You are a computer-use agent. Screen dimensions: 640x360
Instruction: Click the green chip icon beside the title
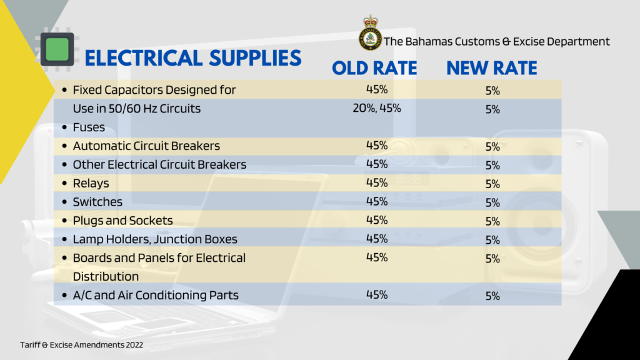[57, 49]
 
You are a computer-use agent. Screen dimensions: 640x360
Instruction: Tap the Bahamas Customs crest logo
[370, 34]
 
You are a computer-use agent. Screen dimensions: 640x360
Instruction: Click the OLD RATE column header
[374, 67]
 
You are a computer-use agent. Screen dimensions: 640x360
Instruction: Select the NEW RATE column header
[491, 67]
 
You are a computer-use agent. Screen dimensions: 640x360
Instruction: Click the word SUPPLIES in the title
[255, 58]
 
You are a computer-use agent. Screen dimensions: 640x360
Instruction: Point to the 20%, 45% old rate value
[377, 108]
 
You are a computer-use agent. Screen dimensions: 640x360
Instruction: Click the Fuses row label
[89, 127]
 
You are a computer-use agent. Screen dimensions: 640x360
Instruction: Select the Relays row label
[91, 184]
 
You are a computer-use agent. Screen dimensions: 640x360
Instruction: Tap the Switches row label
[97, 202]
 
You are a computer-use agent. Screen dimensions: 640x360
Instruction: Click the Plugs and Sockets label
[123, 221]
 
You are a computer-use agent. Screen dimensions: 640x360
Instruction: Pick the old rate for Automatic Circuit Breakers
[377, 145]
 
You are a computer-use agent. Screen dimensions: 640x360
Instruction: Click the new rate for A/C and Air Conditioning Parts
[492, 296]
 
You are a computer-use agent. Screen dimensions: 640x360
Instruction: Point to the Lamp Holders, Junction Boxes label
[155, 239]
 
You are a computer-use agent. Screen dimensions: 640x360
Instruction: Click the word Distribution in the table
[106, 277]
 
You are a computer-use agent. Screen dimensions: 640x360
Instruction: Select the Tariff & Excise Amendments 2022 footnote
[82, 345]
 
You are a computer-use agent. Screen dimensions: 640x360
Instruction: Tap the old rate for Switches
[377, 201]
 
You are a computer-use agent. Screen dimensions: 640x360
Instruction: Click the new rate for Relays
[492, 184]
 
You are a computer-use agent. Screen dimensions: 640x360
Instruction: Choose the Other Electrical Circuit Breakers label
[159, 164]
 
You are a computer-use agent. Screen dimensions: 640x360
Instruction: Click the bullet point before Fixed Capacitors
[64, 90]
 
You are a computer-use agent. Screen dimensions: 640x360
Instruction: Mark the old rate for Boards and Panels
[377, 257]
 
